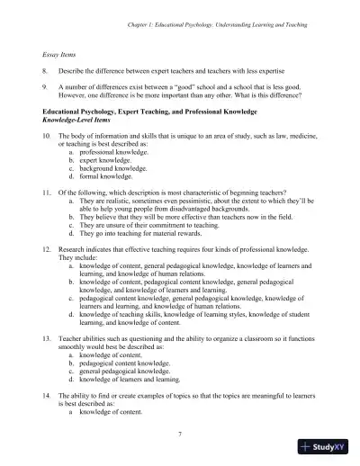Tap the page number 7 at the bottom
point(180,434)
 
